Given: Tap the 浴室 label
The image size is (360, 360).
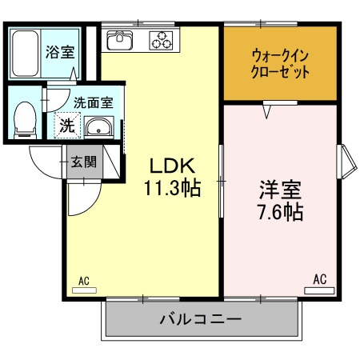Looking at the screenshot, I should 60,54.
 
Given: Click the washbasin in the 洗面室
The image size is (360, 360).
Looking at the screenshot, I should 98,126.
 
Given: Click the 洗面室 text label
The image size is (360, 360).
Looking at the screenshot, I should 93,102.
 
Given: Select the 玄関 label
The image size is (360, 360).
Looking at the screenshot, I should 82,162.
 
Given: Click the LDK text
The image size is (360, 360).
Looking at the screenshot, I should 170,166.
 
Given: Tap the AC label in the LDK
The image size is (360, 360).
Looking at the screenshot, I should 83,280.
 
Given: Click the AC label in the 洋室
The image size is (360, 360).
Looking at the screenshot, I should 319,278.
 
